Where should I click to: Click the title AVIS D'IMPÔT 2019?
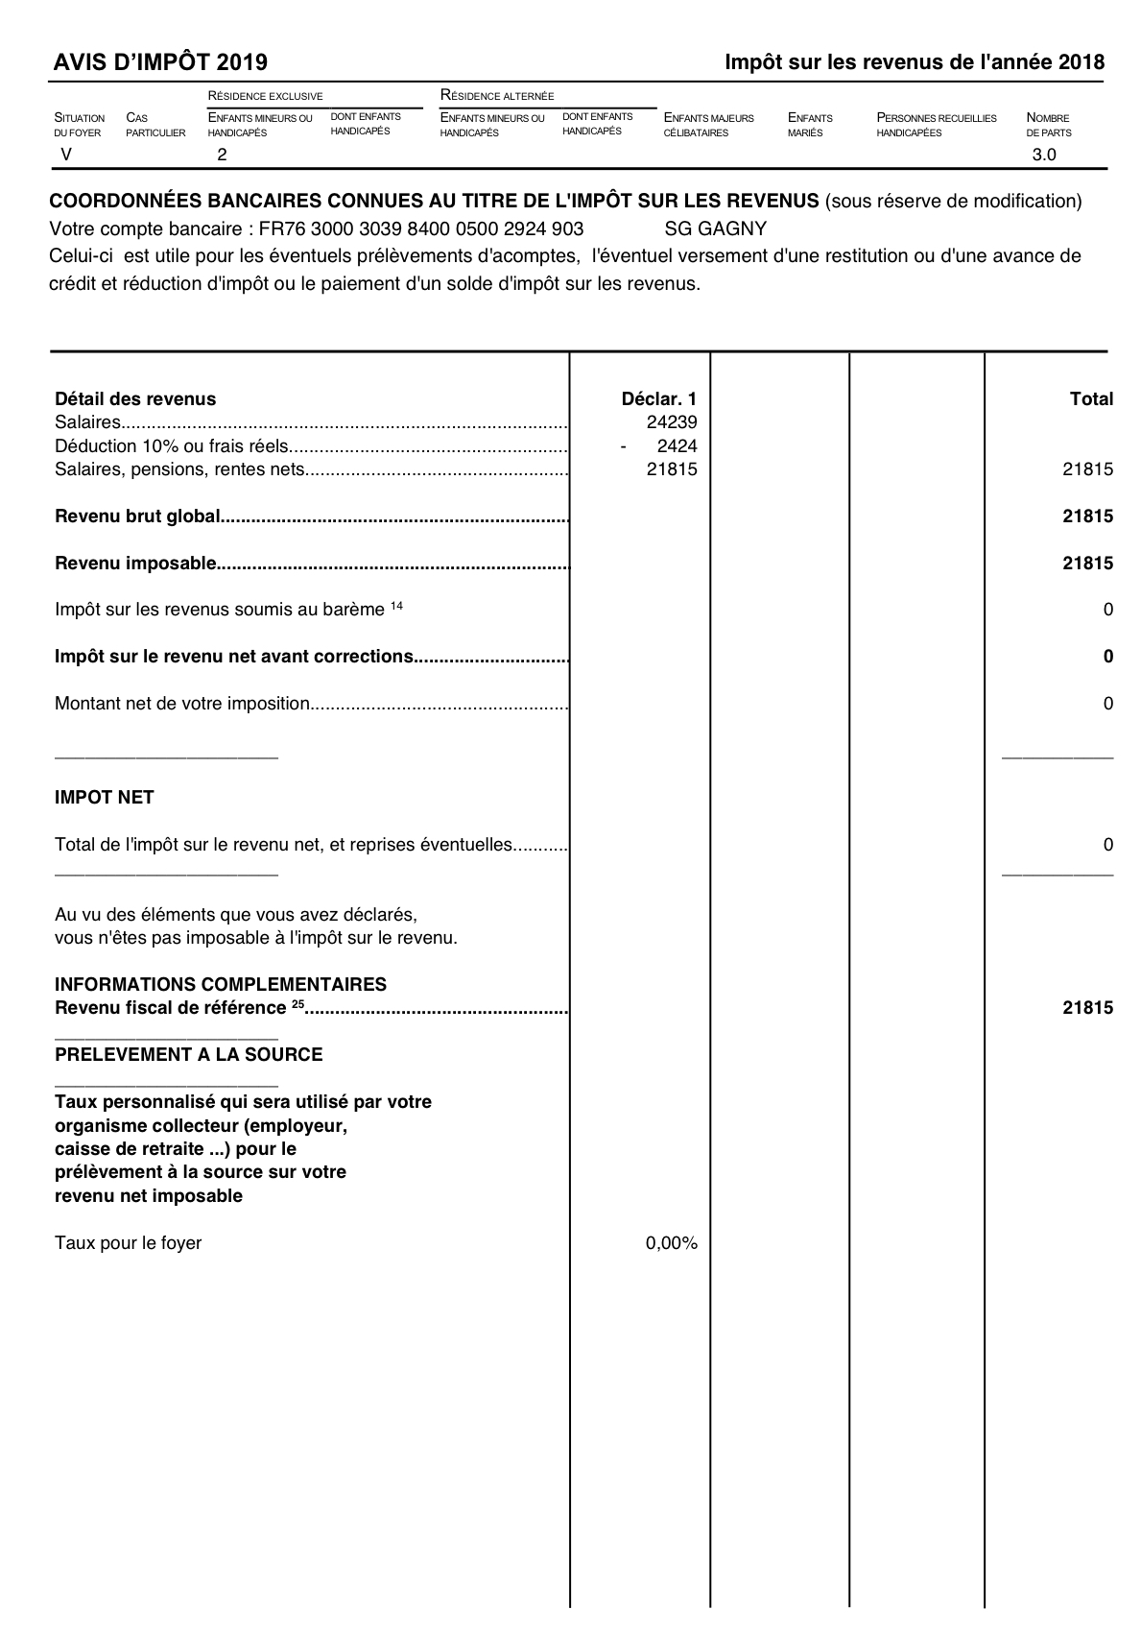pos(161,63)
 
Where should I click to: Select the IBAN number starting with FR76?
pos(421,229)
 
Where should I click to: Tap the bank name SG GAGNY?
pos(715,229)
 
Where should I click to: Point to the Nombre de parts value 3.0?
pos(1043,155)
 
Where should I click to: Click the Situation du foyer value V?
pos(65,155)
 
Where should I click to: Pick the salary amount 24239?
pos(672,422)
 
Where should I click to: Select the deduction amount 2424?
pos(677,446)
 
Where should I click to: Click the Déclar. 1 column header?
pos(659,399)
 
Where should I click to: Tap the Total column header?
pos(1091,399)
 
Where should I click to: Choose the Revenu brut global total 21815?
pos(1087,516)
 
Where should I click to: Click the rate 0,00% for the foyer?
pos(671,1243)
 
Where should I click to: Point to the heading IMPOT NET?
pos(105,798)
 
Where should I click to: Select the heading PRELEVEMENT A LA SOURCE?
pos(188,1055)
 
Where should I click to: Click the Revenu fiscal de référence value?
pos(1087,1008)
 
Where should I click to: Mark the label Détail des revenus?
pos(135,399)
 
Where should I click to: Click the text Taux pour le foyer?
pos(128,1243)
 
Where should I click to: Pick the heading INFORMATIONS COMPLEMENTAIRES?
pos(221,985)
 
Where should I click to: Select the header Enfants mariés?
pos(810,125)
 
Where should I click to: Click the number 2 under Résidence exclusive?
pos(223,155)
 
